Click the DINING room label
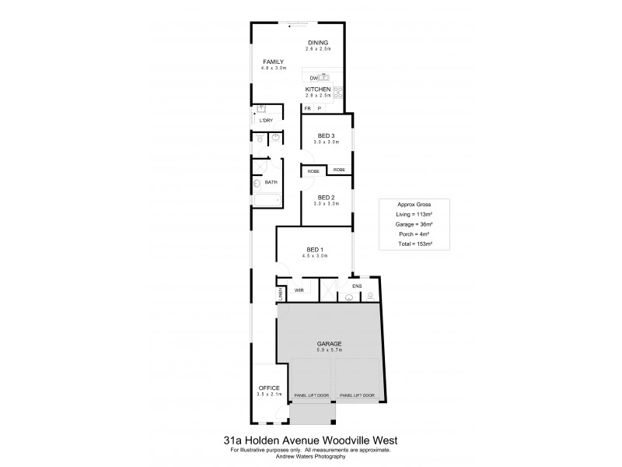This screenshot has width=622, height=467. coord(318,43)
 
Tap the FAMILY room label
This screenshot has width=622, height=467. coord(273,61)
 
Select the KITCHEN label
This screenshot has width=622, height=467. coord(318,90)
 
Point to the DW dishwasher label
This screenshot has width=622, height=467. coord(313,78)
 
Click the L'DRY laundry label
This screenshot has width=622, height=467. coord(266,121)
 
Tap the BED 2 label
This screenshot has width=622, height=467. coord(327,197)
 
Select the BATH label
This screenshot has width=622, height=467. coord(271,183)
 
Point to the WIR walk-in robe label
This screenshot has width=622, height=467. coord(299,290)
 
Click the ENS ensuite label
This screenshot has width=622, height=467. coord(358,286)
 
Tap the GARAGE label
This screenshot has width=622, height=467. coord(329,343)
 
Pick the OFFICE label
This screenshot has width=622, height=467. coord(268,388)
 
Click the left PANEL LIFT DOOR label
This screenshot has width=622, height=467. coord(312,395)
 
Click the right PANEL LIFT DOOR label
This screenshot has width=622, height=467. coord(358,395)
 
